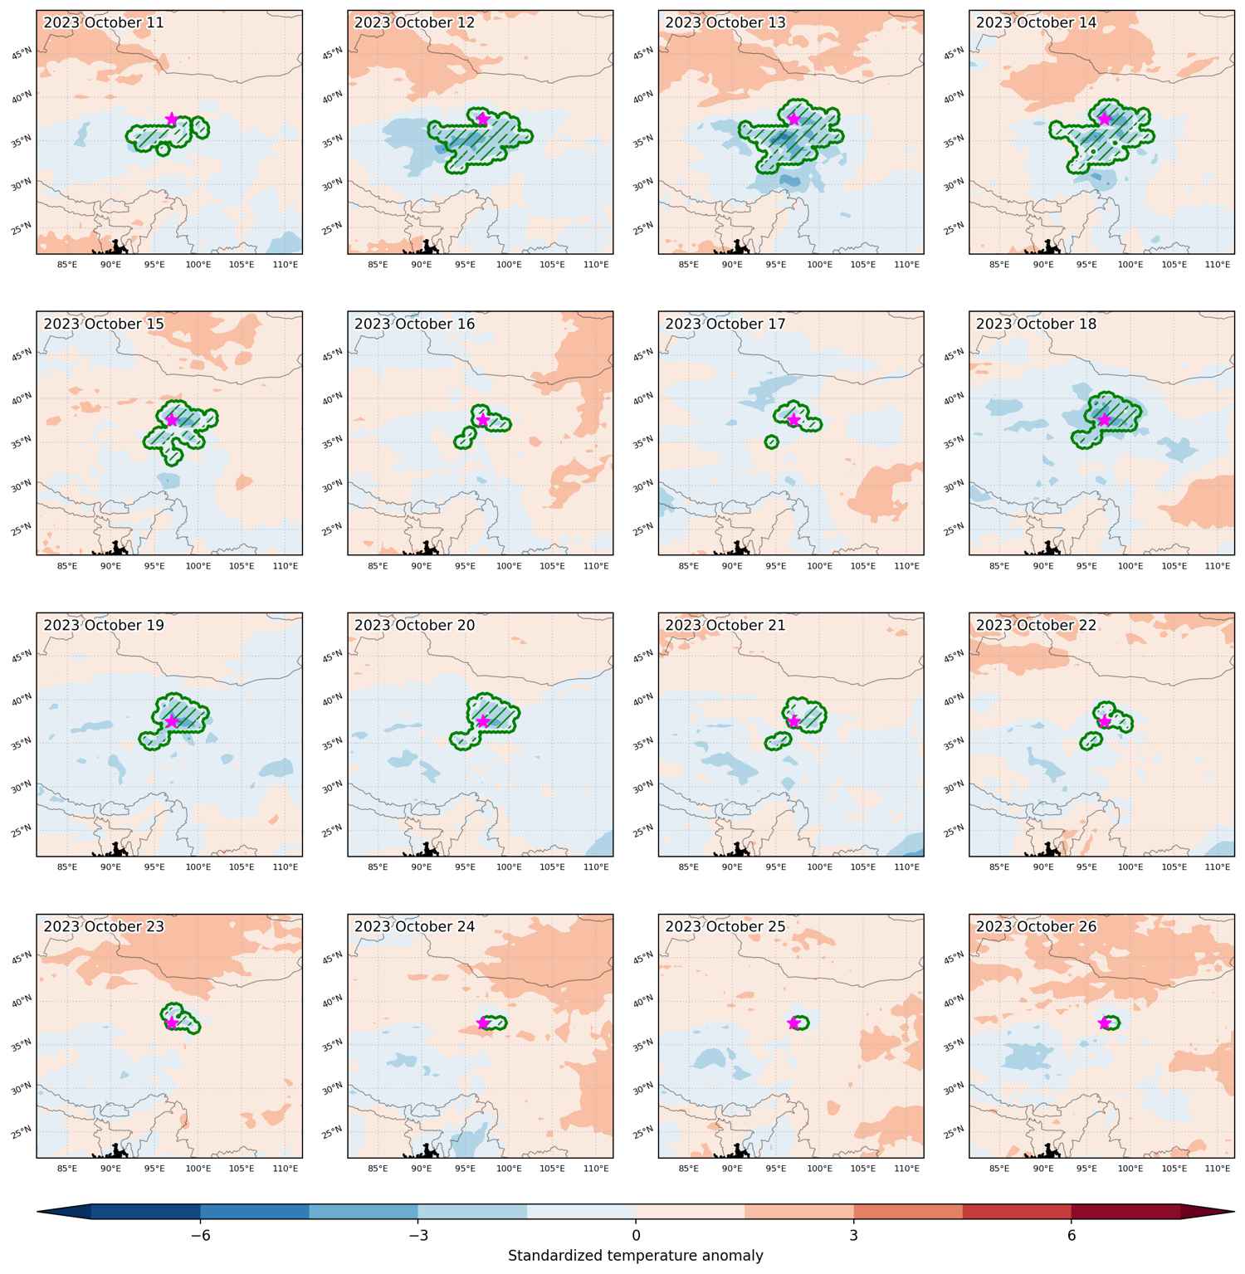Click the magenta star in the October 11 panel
172,119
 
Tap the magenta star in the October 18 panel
1105,420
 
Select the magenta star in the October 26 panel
1105,1023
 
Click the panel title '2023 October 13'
725,22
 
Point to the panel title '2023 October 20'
415,625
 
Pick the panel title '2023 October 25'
725,926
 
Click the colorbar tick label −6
200,1235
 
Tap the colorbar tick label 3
853,1235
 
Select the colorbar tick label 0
636,1235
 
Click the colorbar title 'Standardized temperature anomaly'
636,1256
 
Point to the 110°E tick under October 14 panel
1218,264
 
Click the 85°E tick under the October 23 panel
66,1168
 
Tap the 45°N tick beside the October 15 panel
23,355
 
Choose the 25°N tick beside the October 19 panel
23,829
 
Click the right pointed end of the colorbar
1234,1213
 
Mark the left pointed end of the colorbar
37,1213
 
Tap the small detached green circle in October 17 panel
772,442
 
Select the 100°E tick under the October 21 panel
819,866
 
